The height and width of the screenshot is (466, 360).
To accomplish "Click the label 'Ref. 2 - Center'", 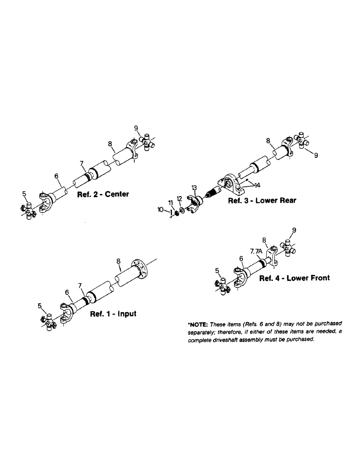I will (104, 194).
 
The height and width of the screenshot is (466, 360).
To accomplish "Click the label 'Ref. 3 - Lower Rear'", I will (262, 201).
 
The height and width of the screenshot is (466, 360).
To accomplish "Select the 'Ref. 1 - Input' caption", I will (113, 314).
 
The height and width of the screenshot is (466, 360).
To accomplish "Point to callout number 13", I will (194, 188).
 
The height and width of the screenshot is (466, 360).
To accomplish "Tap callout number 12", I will (180, 199).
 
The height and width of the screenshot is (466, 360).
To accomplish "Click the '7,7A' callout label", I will (256, 251).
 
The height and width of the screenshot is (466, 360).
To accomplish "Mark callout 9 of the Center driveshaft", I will (136, 128).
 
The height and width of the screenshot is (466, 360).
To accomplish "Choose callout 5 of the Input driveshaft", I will (41, 306).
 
